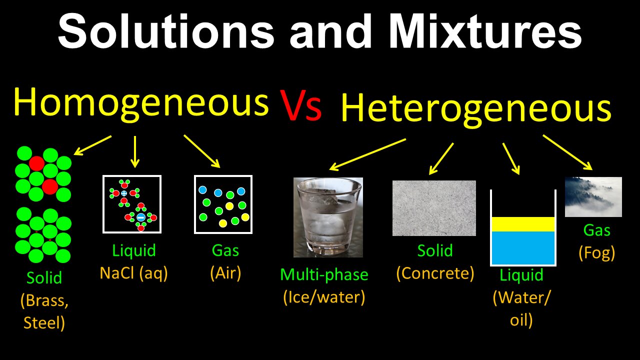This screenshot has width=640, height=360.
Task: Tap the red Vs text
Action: point(301,105)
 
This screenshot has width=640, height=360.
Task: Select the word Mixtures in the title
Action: point(485,31)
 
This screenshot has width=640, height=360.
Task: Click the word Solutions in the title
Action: point(166,31)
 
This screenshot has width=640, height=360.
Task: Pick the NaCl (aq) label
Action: point(133,273)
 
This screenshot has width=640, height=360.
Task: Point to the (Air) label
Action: point(225,273)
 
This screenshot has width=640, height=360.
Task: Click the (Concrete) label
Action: point(435,273)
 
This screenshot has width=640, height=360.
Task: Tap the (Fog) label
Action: point(597,253)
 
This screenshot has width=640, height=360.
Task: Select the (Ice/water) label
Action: point(324,297)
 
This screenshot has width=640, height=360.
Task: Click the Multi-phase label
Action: point(324,275)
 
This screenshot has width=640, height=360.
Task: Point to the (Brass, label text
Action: point(44,300)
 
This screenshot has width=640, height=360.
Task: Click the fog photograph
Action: point(593,197)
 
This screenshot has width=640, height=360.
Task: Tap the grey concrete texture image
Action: point(434,208)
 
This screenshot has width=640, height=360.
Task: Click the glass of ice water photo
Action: point(328,217)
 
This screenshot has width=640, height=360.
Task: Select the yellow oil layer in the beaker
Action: point(523,224)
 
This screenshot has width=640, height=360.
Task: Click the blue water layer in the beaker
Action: point(523,247)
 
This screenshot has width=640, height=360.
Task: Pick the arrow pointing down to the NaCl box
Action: point(135,151)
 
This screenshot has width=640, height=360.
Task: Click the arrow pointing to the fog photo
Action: point(567,152)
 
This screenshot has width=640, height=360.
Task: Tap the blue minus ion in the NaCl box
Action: point(141,217)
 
